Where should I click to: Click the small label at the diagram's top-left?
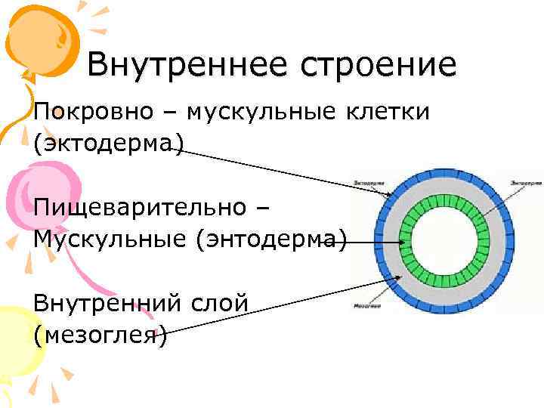pyautogui.click(x=368, y=182)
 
